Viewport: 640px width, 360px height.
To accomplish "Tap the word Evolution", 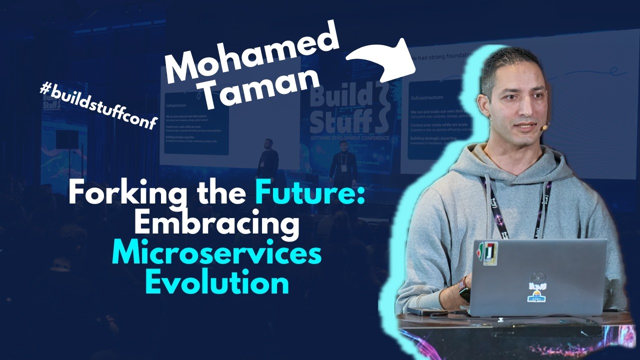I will (x=216, y=283).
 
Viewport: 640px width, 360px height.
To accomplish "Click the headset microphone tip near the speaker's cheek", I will (x=543, y=128).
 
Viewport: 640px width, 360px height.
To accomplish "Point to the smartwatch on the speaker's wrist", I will (x=464, y=289).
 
